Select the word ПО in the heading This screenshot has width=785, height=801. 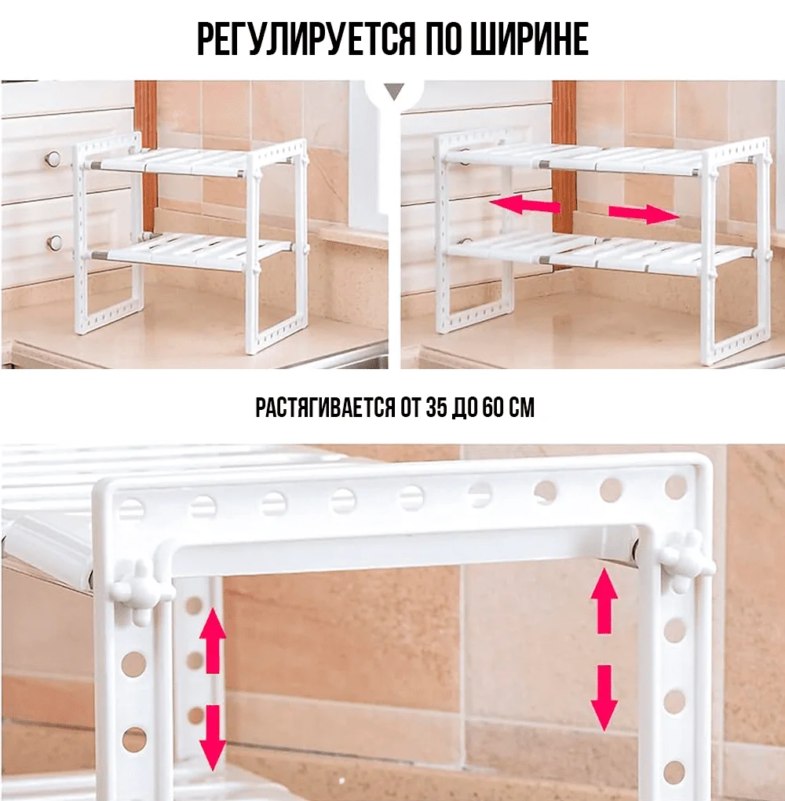coord(441,38)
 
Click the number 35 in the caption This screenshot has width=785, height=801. coord(435,408)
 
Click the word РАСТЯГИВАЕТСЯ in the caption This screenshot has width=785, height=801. coord(325,408)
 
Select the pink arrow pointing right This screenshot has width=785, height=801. coord(644,214)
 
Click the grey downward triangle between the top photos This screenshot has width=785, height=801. coord(394,92)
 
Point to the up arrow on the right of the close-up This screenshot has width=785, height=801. coord(604,601)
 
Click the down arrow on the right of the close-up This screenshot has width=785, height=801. coord(604,698)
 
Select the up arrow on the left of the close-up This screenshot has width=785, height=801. coord(213,641)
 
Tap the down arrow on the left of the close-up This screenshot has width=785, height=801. coord(213,737)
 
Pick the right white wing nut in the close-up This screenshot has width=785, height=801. coord(685,561)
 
